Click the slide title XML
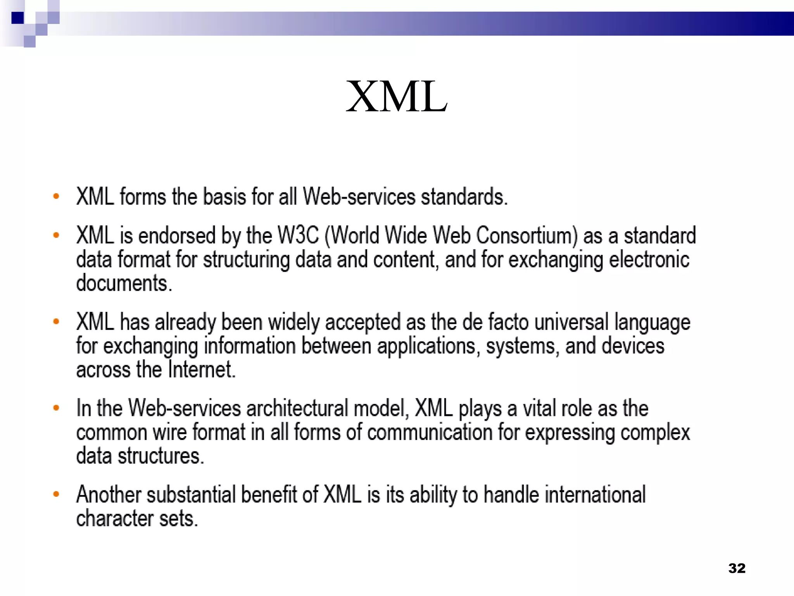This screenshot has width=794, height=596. pyautogui.click(x=397, y=97)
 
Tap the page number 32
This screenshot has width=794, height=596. pyautogui.click(x=737, y=568)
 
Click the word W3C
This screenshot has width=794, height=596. pyautogui.click(x=298, y=235)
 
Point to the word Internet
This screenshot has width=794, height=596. pyautogui.click(x=201, y=369)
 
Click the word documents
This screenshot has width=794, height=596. pyautogui.click(x=124, y=283)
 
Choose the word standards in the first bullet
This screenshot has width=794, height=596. pyautogui.click(x=464, y=196)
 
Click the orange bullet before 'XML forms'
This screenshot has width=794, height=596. pyautogui.click(x=56, y=196)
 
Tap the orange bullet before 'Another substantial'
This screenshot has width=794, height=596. pyautogui.click(x=56, y=494)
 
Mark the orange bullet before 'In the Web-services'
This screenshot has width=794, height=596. pyautogui.click(x=56, y=408)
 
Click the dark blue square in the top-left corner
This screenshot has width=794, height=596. pyautogui.click(x=17, y=18)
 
